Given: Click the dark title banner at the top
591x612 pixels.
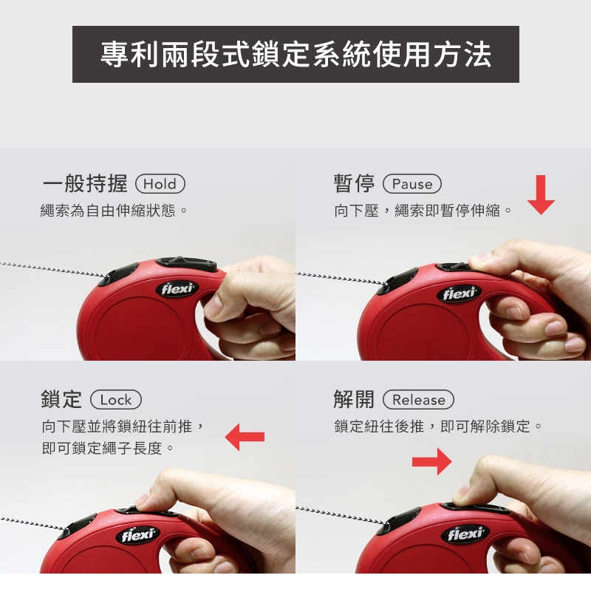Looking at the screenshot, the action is tap(295, 54).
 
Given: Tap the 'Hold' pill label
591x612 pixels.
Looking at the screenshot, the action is tap(160, 184).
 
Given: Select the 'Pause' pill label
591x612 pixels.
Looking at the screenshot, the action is tap(412, 184).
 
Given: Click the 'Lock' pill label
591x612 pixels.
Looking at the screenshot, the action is tap(116, 400).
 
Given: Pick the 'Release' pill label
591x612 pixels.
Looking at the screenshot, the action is tap(419, 400).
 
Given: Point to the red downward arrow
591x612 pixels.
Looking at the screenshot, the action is tap(541, 195).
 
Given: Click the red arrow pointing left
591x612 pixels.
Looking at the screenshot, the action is tap(245, 437).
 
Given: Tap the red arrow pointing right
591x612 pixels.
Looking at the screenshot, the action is tap(432, 462).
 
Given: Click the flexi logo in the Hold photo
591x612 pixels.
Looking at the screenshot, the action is tap(177, 289).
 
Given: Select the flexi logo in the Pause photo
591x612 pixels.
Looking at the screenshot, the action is tap(460, 293).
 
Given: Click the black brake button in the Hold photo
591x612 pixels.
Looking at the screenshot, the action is tap(186, 265).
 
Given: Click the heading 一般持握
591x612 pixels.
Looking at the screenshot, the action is tap(85, 184).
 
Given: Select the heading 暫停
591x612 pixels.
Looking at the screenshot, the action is tap(354, 184).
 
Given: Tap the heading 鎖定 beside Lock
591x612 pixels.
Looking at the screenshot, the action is tap(61, 400).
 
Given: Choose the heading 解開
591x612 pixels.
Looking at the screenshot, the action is tap(354, 400).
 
